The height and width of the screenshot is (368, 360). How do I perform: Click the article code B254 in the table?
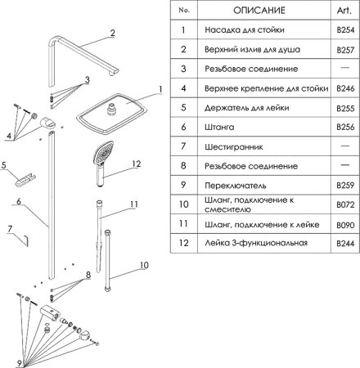(x=344, y=30)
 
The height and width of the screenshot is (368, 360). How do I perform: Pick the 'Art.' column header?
(x=344, y=11)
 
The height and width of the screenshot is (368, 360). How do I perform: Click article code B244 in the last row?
(x=344, y=244)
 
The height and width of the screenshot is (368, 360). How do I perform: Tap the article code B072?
(x=344, y=205)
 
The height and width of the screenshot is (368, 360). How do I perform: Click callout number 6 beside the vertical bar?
(x=18, y=200)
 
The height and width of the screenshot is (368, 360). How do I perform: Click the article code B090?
(x=344, y=224)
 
